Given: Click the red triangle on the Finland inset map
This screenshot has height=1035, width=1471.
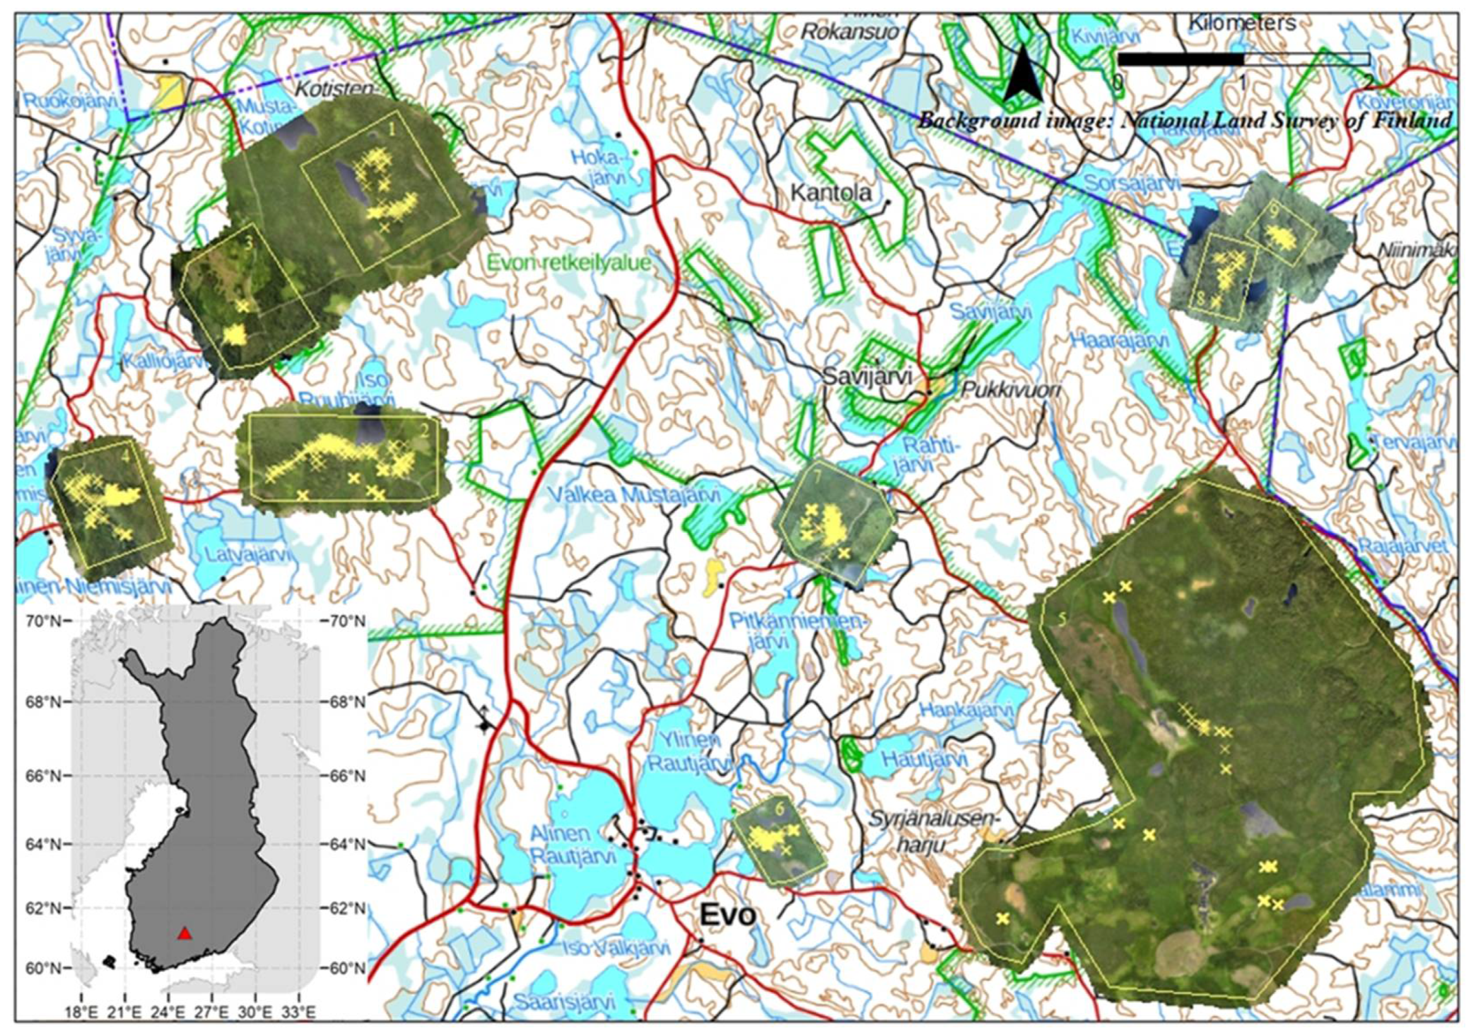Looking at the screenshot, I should coord(185,933).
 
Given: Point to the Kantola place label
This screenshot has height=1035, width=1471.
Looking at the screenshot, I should coord(831,192).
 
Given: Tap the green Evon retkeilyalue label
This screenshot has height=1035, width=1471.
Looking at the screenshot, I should coord(568,263).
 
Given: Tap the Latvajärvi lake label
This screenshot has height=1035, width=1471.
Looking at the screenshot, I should coord(247,553).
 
